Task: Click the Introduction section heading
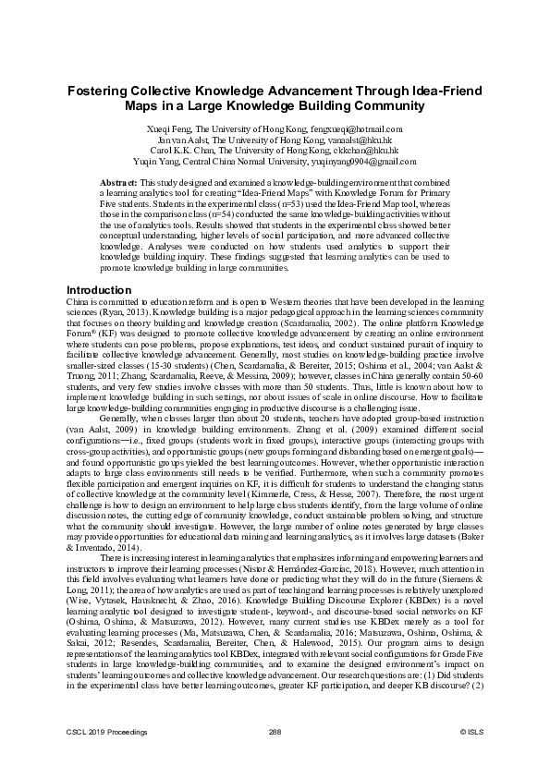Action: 99,290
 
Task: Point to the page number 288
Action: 275,757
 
